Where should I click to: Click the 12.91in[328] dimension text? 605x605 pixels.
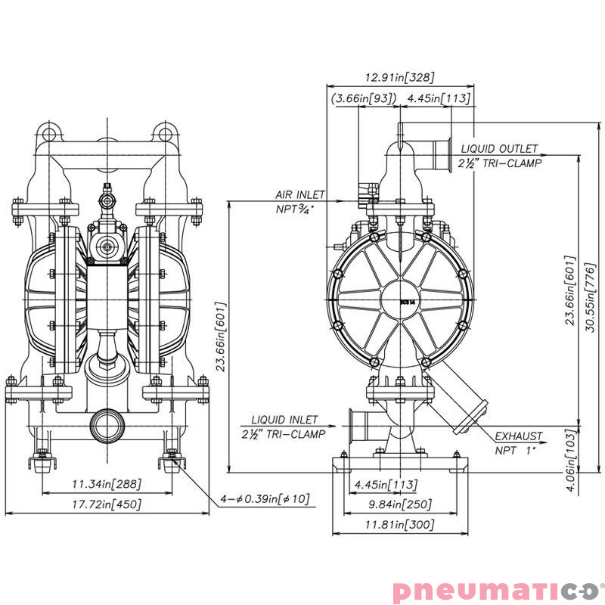[399, 77]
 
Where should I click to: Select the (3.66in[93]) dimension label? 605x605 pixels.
[364, 98]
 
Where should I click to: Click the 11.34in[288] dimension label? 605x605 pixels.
[107, 484]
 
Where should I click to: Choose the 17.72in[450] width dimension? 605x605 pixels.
[107, 504]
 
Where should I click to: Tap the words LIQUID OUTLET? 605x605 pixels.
[500, 149]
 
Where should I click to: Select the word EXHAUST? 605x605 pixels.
[519, 436]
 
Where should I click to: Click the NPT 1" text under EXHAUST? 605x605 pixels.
[515, 450]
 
